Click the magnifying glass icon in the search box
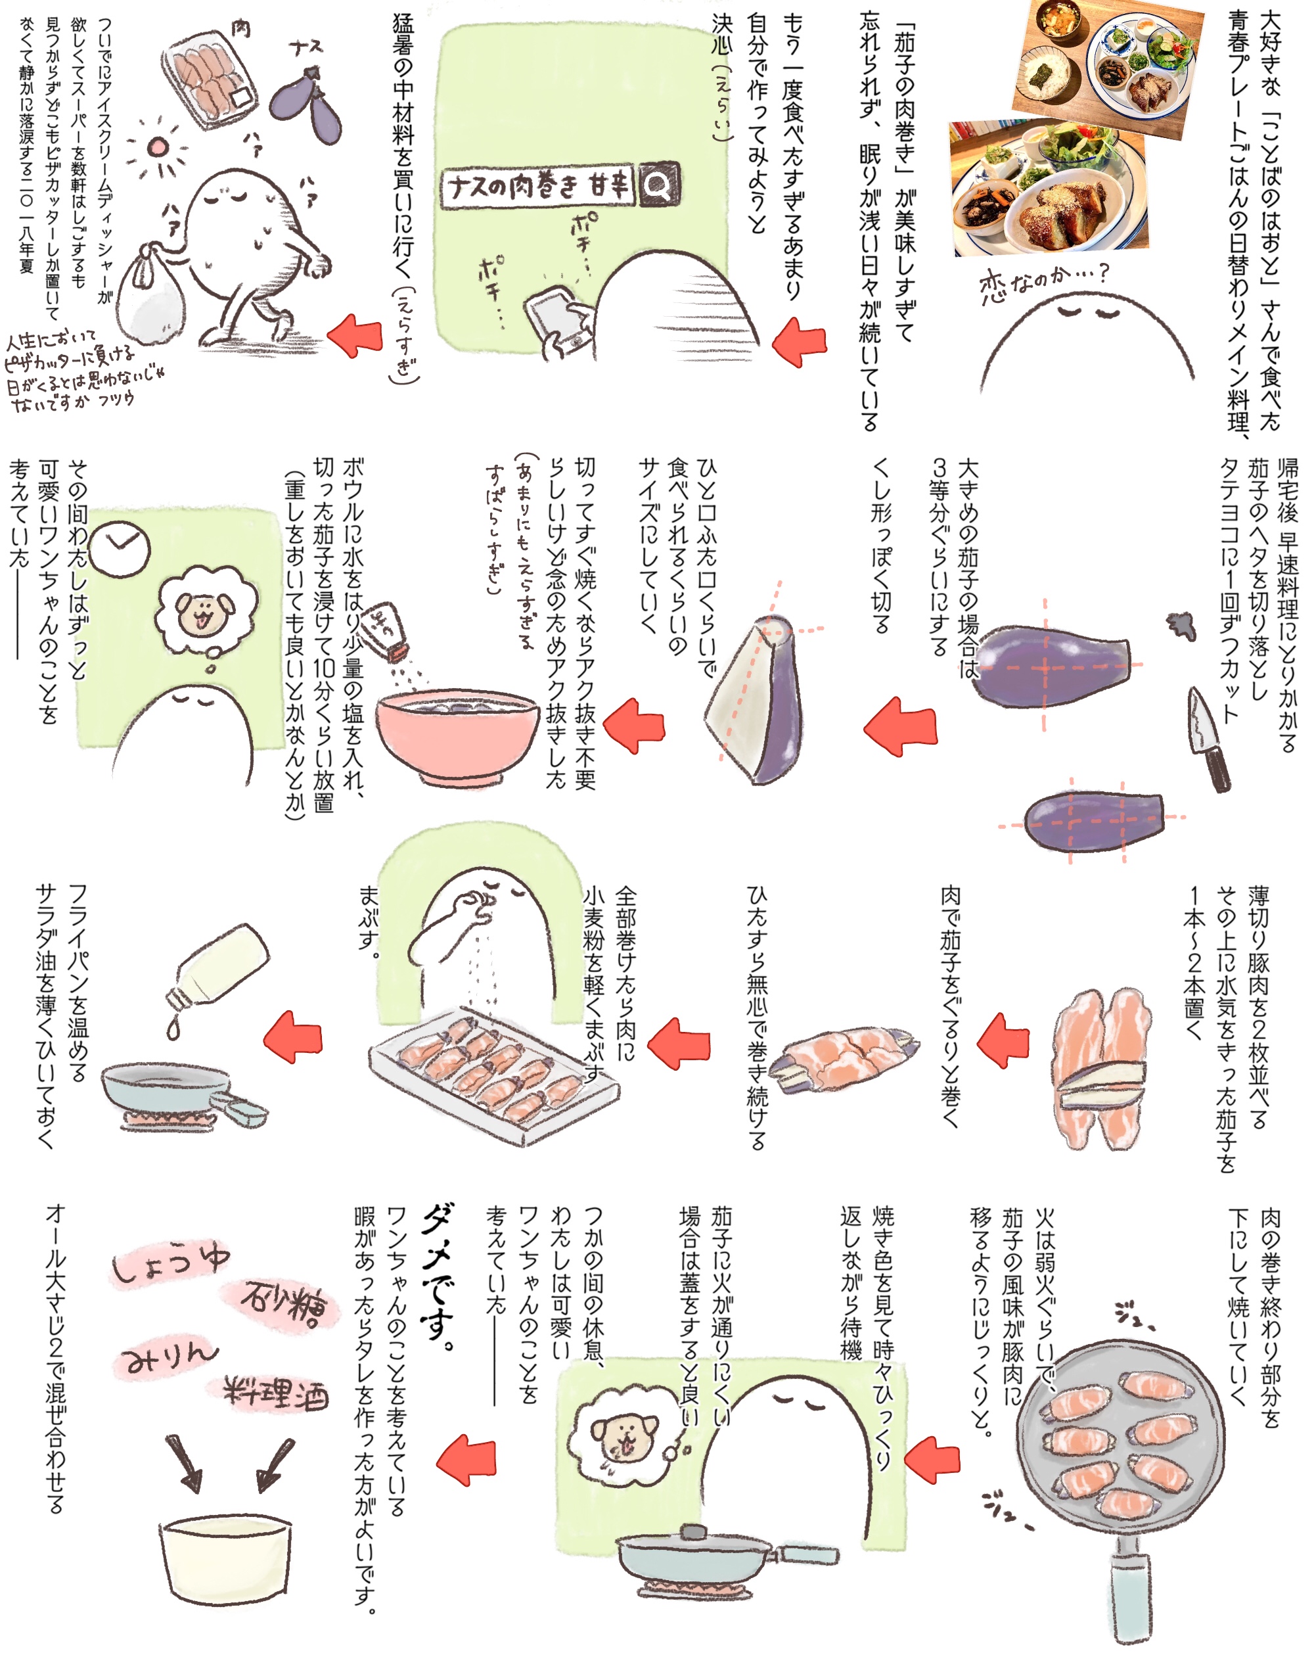[x=658, y=184]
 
